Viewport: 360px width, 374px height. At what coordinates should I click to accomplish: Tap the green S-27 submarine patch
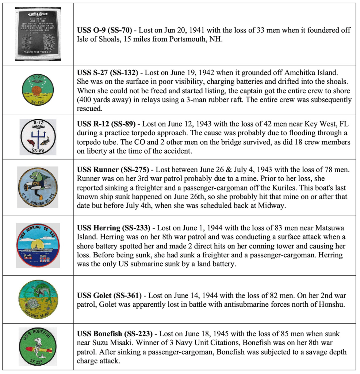[38, 90]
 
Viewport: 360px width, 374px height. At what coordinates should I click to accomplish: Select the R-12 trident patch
[38, 137]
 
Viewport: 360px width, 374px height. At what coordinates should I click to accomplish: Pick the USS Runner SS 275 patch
[38, 187]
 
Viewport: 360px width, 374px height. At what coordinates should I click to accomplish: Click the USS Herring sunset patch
[38, 245]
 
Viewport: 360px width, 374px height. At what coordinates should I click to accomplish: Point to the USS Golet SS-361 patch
[38, 299]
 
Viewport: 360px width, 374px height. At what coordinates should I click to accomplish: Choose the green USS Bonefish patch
[38, 346]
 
